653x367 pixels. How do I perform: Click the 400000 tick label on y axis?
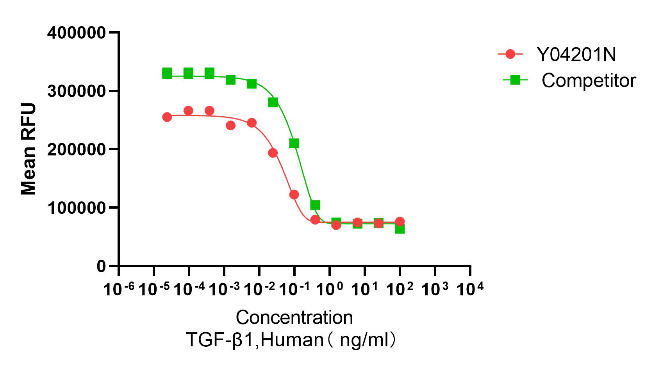(76, 33)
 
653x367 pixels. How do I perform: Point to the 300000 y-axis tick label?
(76, 91)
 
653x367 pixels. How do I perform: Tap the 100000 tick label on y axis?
(76, 208)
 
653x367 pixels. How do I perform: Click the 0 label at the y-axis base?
(101, 266)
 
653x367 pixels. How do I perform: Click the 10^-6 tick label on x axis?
(119, 289)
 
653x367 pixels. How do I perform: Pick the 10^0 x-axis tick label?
(329, 289)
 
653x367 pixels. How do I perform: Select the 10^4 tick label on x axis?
(470, 289)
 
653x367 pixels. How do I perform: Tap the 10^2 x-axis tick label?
(399, 289)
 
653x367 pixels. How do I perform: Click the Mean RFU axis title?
(28, 149)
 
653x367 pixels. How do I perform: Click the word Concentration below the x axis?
(294, 317)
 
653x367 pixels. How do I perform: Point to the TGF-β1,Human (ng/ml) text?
(292, 340)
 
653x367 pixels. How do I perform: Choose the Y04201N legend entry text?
(576, 55)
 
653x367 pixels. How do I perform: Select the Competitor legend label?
(589, 81)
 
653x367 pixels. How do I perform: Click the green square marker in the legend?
(515, 80)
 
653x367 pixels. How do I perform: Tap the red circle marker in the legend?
(510, 54)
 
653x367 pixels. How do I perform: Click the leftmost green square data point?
(167, 73)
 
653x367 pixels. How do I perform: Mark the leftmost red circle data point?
(167, 117)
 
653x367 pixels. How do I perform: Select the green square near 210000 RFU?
(294, 144)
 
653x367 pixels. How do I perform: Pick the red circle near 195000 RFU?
(273, 153)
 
